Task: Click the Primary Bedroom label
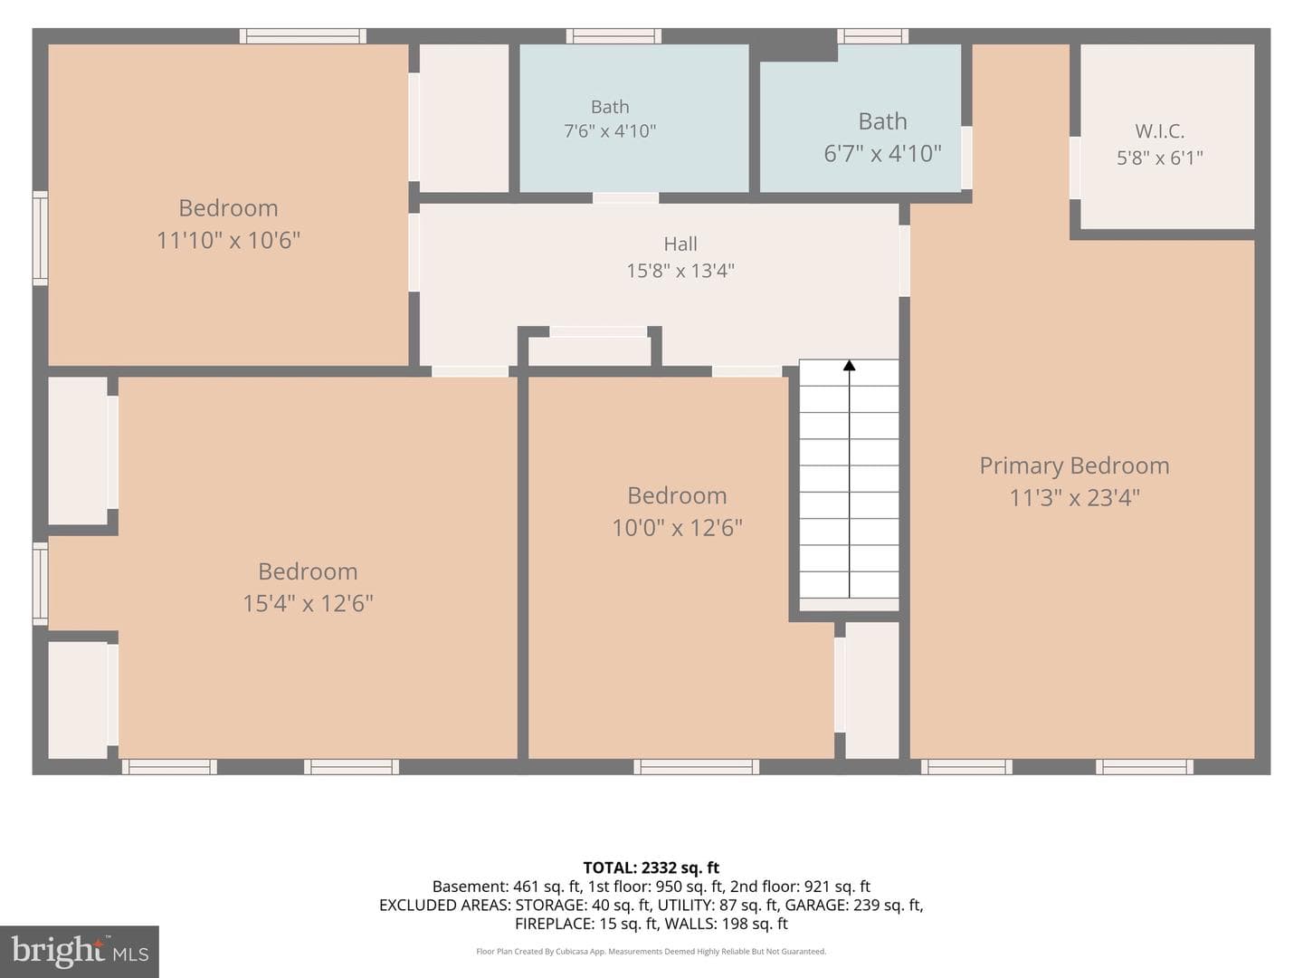[x=1074, y=465]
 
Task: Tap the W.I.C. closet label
[x=1159, y=130]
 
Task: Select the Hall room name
[x=680, y=244]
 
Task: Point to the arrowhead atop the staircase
[x=849, y=365]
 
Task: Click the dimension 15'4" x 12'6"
[x=308, y=603]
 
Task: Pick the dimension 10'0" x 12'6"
[x=678, y=527]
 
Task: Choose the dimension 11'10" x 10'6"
[x=229, y=241]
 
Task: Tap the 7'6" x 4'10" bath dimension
[x=610, y=130]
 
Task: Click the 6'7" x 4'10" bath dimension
[x=882, y=153]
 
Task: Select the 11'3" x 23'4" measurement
[x=1074, y=498]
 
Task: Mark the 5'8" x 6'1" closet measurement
[x=1159, y=158]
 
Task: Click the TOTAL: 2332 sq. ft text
[x=651, y=868]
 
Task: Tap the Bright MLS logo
[x=80, y=951]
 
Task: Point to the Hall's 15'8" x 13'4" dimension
[x=680, y=271]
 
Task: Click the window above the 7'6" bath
[x=613, y=36]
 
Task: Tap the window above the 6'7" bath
[x=872, y=36]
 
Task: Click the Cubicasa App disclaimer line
[x=651, y=951]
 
